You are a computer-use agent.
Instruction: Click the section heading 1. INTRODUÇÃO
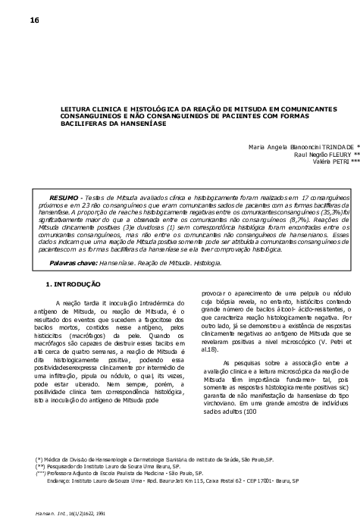[73, 284]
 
